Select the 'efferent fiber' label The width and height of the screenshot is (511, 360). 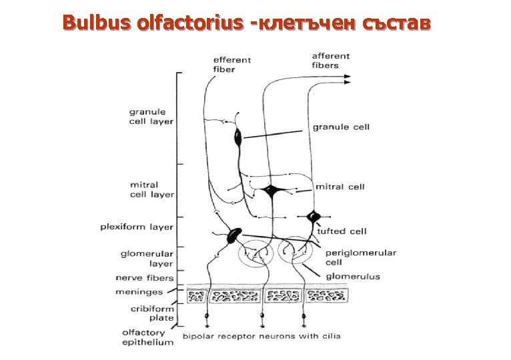(231, 64)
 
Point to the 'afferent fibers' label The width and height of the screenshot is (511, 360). (330, 60)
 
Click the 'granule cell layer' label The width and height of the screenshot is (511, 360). (151, 117)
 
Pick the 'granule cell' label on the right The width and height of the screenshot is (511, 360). (340, 127)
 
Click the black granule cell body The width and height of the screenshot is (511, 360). (238, 138)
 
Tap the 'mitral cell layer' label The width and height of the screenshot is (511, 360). (151, 189)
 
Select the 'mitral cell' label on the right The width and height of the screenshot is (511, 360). (340, 187)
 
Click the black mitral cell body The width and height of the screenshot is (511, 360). (270, 191)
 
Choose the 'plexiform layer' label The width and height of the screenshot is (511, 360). (137, 227)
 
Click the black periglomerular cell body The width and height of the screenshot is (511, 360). (234, 234)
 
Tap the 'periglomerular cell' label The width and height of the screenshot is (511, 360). (360, 257)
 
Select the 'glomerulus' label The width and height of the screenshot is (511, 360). (353, 276)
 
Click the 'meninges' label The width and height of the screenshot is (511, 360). (139, 292)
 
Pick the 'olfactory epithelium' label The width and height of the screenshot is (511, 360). (147, 337)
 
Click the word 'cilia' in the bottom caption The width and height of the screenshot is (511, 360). (330, 335)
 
